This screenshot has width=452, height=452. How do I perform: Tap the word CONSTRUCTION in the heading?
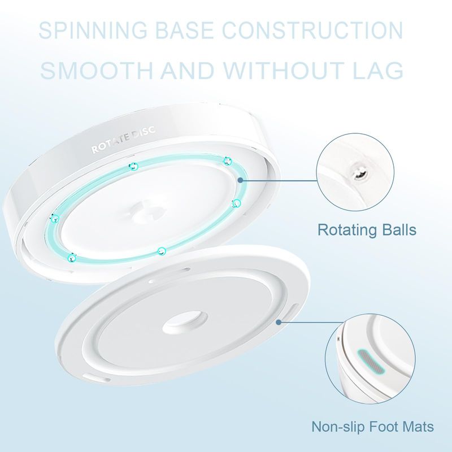325,31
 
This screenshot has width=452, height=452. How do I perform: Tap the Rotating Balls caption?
367,230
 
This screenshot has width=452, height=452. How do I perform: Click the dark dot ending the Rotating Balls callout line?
241,180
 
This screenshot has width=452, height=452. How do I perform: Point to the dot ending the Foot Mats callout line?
278,322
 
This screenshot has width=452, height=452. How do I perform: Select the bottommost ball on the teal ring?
161,250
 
